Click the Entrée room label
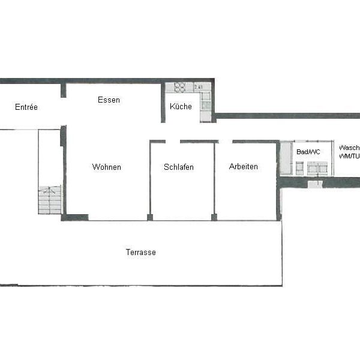coord(26,107)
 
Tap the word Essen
coord(109,100)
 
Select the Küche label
coord(181,107)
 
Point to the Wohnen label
coord(107,167)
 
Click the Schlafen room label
coord(179,167)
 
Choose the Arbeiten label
coord(244,166)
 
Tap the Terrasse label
coord(141,252)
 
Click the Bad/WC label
coord(308,152)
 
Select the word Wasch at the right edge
coord(349,148)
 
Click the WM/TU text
coord(349,156)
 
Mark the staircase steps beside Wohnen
coord(50,200)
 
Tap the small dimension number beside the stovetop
coord(198,87)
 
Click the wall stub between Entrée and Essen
coord(63,91)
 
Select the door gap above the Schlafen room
coord(173,142)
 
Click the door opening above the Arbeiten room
coord(225,142)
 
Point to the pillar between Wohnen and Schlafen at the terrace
coord(150,217)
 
